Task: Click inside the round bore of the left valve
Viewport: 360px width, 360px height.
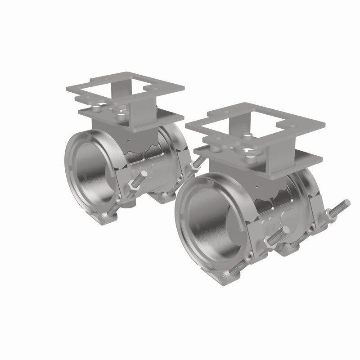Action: [x=90, y=171]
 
